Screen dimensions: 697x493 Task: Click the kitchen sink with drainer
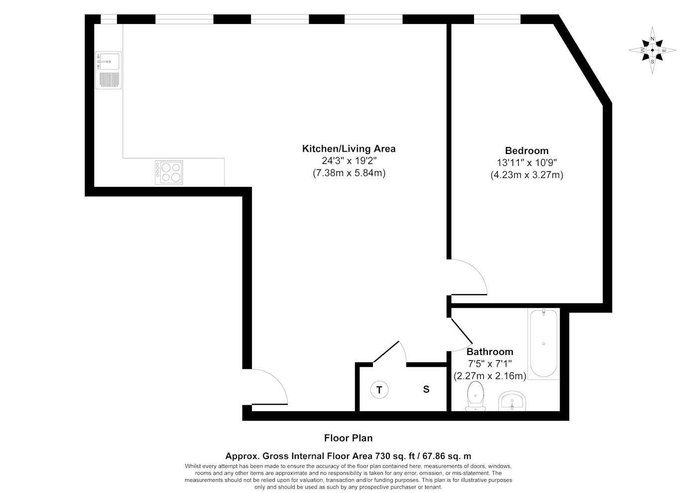[109, 70]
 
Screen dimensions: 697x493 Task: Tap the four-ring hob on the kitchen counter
[169, 172]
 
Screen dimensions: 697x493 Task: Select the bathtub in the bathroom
[544, 343]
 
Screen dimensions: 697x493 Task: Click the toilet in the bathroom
[475, 396]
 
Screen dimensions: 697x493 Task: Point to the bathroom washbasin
[512, 401]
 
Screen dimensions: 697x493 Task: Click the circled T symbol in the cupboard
[379, 390]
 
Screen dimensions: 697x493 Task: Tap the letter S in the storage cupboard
[426, 389]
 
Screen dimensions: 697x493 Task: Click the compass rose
[652, 50]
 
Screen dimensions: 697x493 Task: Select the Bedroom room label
[527, 151]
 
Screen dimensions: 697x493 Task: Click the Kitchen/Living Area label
[349, 149]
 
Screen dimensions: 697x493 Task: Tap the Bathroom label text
[490, 351]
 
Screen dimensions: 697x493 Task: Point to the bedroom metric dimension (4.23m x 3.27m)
[527, 175]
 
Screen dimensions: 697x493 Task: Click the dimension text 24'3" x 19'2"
[349, 161]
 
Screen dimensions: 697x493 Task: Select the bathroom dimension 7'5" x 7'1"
[490, 364]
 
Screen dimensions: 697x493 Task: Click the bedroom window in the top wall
[497, 19]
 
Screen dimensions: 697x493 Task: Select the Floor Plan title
[348, 438]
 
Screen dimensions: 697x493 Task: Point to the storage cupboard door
[386, 352]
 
